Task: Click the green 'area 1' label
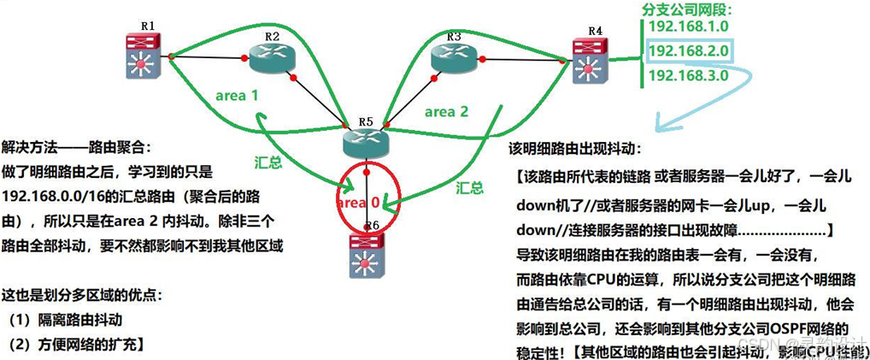pyautogui.click(x=237, y=96)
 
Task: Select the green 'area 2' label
pyautogui.click(x=446, y=111)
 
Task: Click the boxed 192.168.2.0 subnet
pyautogui.click(x=689, y=52)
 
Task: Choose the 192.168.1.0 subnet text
pyautogui.click(x=688, y=27)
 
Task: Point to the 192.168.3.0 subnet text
pyautogui.click(x=688, y=76)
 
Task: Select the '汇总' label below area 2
pyautogui.click(x=469, y=186)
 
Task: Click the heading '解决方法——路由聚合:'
pyautogui.click(x=76, y=147)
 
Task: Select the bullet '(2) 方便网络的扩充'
pyautogui.click(x=73, y=345)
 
